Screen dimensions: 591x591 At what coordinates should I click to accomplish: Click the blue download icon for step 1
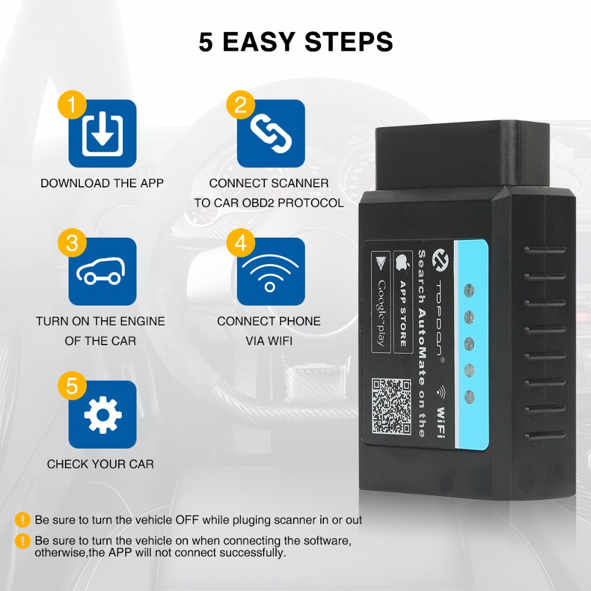[x=102, y=134]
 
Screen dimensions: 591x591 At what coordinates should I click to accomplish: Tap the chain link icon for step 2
[x=271, y=134]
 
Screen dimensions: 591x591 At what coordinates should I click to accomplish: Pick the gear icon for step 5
[x=102, y=415]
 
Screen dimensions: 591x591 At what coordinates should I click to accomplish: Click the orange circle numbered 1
[x=72, y=105]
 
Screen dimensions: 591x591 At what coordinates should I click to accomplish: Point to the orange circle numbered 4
[x=241, y=243]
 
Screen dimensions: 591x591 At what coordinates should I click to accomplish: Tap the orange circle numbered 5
[x=72, y=386]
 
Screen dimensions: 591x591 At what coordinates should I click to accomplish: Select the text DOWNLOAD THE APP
[x=102, y=183]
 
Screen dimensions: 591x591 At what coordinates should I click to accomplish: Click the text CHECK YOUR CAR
[x=100, y=464]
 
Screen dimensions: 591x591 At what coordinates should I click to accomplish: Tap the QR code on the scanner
[x=391, y=407]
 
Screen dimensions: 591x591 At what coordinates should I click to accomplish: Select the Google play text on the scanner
[x=381, y=313]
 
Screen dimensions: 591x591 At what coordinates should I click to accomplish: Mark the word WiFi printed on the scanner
[x=441, y=423]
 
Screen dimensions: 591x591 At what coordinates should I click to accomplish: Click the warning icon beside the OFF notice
[x=22, y=519]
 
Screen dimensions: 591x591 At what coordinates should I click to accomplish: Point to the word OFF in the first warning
[x=187, y=519]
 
